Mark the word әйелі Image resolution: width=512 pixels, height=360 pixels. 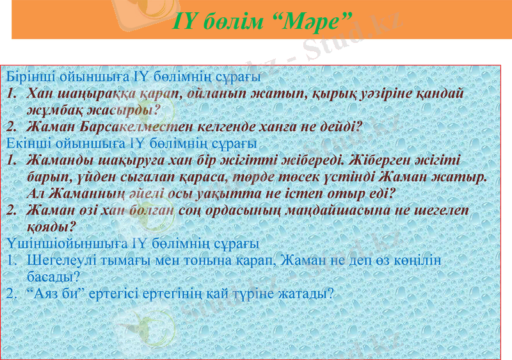click(x=147, y=192)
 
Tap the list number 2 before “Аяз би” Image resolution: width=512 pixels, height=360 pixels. click(x=11, y=293)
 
